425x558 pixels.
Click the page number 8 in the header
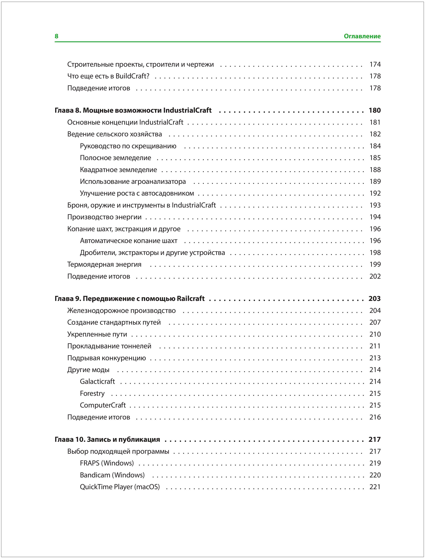(56, 36)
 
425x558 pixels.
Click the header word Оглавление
(362, 36)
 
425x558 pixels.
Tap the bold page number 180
(375, 110)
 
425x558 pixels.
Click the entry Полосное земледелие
(115, 158)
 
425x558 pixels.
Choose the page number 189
(375, 181)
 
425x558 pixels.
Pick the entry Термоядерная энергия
(104, 264)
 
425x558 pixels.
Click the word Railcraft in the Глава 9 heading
(190, 298)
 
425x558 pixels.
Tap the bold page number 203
(375, 298)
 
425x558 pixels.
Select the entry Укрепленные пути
(97, 334)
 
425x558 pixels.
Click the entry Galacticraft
(97, 381)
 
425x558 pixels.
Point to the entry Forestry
(92, 393)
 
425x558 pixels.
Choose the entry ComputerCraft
(103, 405)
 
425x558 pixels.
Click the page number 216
(375, 417)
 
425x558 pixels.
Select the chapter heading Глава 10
(70, 439)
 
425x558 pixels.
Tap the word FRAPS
(90, 463)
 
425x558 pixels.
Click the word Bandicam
(95, 475)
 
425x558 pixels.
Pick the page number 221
(375, 487)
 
